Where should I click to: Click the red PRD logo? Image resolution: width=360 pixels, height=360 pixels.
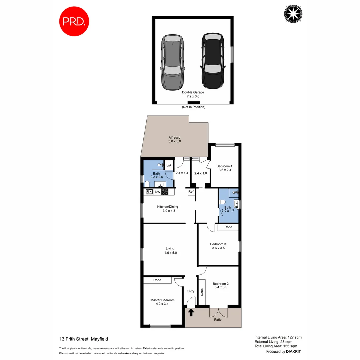pos(74,21)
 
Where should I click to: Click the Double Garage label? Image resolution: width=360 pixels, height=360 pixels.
pos(193,94)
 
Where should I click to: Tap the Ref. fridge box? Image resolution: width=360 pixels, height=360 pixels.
pos(191,192)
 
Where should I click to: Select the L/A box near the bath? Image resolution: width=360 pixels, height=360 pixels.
pos(169,165)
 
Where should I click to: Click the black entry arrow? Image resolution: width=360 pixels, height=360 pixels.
pos(191,313)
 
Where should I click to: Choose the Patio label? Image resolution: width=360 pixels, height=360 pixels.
pos(218,320)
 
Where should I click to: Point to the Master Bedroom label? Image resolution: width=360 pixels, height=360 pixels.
pos(162,302)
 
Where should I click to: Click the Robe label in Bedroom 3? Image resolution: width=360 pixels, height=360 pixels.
pos(228,227)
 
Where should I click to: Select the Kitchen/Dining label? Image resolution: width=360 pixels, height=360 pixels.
pos(168,209)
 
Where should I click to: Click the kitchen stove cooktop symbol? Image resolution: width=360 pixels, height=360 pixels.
pos(165,192)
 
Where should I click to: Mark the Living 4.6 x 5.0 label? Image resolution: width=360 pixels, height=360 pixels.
pos(170,250)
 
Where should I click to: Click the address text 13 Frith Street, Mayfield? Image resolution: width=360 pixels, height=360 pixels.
pos(84,339)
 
